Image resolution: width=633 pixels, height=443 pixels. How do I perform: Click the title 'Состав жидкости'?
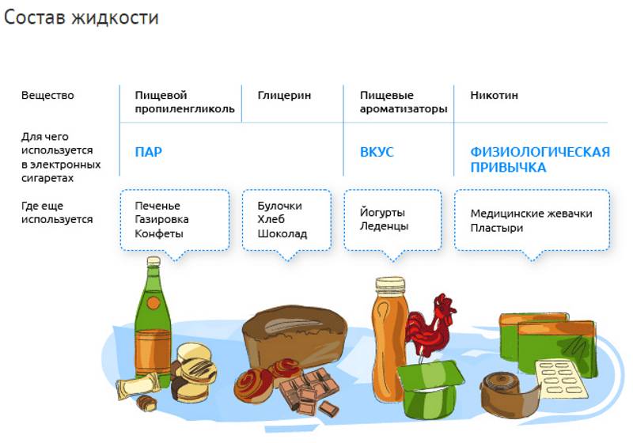pyautogui.click(x=81, y=17)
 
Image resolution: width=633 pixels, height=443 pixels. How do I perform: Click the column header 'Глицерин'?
pyautogui.click(x=284, y=96)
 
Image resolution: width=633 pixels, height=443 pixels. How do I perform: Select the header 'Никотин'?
pyautogui.click(x=494, y=95)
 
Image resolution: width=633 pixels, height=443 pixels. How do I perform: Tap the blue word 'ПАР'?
pyautogui.click(x=149, y=152)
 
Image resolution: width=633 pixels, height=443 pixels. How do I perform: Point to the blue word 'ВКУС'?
pyautogui.click(x=377, y=152)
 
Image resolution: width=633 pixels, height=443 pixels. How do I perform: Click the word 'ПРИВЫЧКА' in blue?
pyautogui.click(x=508, y=168)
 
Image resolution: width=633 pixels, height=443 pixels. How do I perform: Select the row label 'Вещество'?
pyautogui.click(x=47, y=96)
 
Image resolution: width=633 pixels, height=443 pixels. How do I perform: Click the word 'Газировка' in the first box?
pyautogui.click(x=161, y=219)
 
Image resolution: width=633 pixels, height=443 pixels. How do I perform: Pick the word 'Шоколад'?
pyautogui.click(x=282, y=233)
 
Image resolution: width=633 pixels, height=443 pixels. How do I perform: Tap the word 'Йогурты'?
pyautogui.click(x=382, y=212)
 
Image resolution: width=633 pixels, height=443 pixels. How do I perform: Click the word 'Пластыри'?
pyautogui.click(x=497, y=228)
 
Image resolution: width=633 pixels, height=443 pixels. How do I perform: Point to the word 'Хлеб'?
pyautogui.click(x=271, y=219)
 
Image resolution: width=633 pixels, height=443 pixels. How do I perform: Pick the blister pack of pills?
pyautogui.click(x=559, y=379)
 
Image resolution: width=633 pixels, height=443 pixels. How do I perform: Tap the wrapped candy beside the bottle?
pyautogui.click(x=137, y=384)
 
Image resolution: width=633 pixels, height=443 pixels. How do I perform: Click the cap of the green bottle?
pyautogui.click(x=154, y=261)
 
